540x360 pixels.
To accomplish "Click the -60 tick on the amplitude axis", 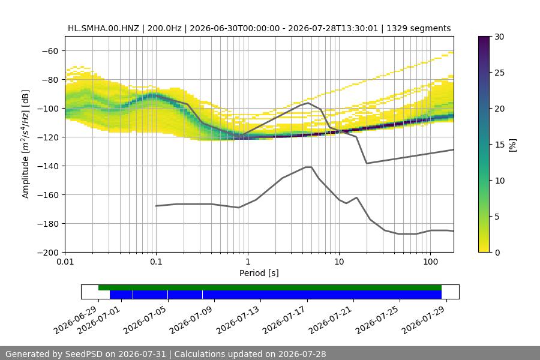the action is pyautogui.click(x=50, y=51).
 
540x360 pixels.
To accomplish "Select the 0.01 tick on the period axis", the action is pyautogui.click(x=65, y=262).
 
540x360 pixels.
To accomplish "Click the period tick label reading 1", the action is pyautogui.click(x=248, y=262).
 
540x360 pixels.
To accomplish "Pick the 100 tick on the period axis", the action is pyautogui.click(x=430, y=262).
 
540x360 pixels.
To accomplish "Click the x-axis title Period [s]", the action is pyautogui.click(x=259, y=273).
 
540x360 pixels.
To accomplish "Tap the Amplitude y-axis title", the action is pyautogui.click(x=25, y=144).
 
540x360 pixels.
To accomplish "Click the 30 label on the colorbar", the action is pyautogui.click(x=499, y=37).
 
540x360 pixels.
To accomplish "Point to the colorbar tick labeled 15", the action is pyautogui.click(x=499, y=145).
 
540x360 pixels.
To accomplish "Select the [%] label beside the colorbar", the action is pyautogui.click(x=513, y=145).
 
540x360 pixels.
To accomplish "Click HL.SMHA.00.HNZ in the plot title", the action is pyautogui.click(x=103, y=28).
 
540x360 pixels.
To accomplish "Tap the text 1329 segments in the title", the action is pyautogui.click(x=418, y=28).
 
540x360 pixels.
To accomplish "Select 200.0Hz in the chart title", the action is pyautogui.click(x=164, y=28).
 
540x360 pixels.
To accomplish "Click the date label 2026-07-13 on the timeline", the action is pyautogui.click(x=238, y=320).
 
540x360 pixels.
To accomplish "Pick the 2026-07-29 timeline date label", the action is pyautogui.click(x=424, y=320).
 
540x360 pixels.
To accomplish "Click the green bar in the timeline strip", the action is pyautogui.click(x=270, y=287).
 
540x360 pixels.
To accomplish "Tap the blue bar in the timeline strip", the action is pyautogui.click(x=275, y=295).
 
